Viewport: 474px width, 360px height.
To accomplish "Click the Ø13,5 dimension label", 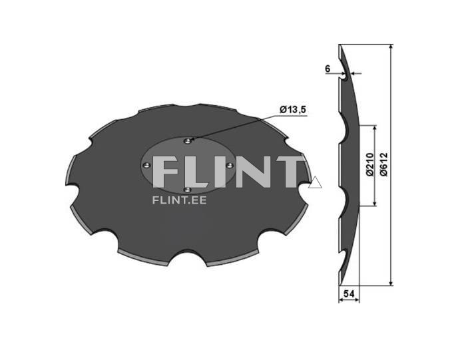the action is point(293,110).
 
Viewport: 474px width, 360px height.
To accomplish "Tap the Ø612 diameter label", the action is point(383,164).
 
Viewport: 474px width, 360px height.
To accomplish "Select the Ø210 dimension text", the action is point(370,164).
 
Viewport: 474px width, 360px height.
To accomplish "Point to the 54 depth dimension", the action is point(349,293).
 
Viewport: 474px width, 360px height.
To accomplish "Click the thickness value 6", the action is point(328,69).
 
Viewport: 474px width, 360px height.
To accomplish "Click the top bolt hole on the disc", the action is point(188,140).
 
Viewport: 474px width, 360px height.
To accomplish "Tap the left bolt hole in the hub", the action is point(146,165).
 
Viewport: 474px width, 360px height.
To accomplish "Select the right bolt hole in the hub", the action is point(230,165).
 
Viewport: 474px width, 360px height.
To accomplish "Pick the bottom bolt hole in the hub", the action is point(188,190).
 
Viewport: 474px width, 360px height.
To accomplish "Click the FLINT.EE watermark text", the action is point(180,200).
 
